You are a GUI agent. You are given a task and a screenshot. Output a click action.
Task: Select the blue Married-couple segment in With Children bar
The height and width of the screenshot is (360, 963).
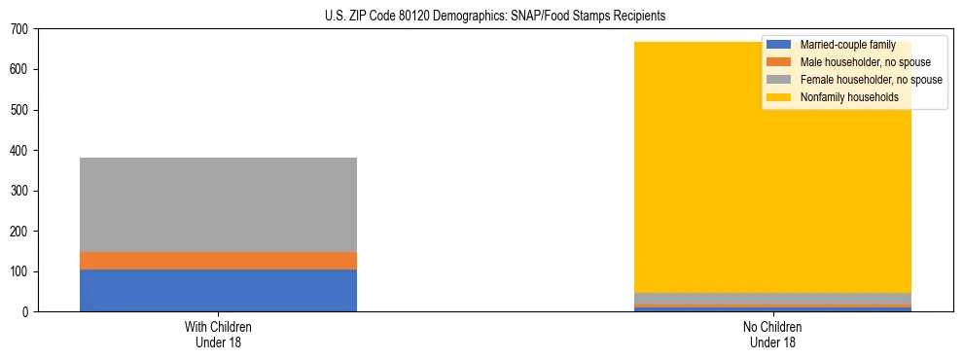point(218,290)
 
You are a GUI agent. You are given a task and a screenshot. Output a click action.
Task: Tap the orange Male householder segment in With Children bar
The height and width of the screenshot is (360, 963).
point(218,261)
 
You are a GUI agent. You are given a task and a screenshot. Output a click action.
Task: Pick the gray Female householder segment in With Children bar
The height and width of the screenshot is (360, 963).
point(218,204)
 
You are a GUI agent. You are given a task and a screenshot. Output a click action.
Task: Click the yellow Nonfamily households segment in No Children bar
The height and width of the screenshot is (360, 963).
point(681,195)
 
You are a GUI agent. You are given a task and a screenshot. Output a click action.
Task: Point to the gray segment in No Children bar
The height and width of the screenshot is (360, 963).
point(772,299)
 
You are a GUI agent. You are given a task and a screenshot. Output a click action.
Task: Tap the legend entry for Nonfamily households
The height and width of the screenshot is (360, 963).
point(848,97)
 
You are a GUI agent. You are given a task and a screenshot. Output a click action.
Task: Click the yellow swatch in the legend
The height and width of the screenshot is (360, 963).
point(779,97)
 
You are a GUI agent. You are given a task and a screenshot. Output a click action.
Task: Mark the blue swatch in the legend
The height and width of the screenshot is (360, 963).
point(779,45)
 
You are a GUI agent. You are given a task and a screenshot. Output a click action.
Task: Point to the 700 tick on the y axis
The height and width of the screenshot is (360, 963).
point(18,29)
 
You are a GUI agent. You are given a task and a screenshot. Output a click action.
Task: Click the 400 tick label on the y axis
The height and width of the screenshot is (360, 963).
point(18,151)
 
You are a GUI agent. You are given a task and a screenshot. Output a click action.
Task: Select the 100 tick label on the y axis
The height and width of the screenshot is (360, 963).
point(18,271)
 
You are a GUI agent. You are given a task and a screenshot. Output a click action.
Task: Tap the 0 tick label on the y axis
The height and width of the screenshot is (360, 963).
point(24,312)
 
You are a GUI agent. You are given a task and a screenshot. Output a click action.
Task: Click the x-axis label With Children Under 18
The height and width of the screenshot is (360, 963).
point(218,335)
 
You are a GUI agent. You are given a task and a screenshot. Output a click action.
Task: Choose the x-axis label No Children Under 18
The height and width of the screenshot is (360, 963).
point(772,335)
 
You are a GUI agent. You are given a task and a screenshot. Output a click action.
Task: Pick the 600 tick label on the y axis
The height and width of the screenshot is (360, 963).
point(18,70)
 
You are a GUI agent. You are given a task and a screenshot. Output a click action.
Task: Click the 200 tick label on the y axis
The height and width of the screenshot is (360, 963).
point(18,232)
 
